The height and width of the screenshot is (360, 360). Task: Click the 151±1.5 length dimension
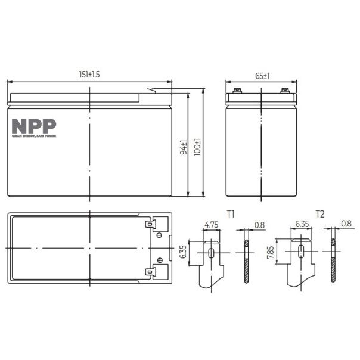89,75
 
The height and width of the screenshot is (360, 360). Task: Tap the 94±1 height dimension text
184,147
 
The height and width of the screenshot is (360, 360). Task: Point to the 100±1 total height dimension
197,147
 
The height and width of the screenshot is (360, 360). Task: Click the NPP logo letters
34,126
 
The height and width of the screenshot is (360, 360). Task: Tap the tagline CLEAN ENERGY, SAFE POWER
34,136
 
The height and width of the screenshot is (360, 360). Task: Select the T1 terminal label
231,213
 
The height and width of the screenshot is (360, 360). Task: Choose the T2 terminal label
320,213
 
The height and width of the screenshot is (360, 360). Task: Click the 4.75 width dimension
210,225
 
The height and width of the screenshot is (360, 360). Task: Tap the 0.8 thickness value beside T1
259,225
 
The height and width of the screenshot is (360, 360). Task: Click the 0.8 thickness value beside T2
346,225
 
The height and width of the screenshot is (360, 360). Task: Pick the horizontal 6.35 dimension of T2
300,225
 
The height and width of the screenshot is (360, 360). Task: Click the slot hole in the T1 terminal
212,252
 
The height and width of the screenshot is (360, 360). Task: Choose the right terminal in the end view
284,92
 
